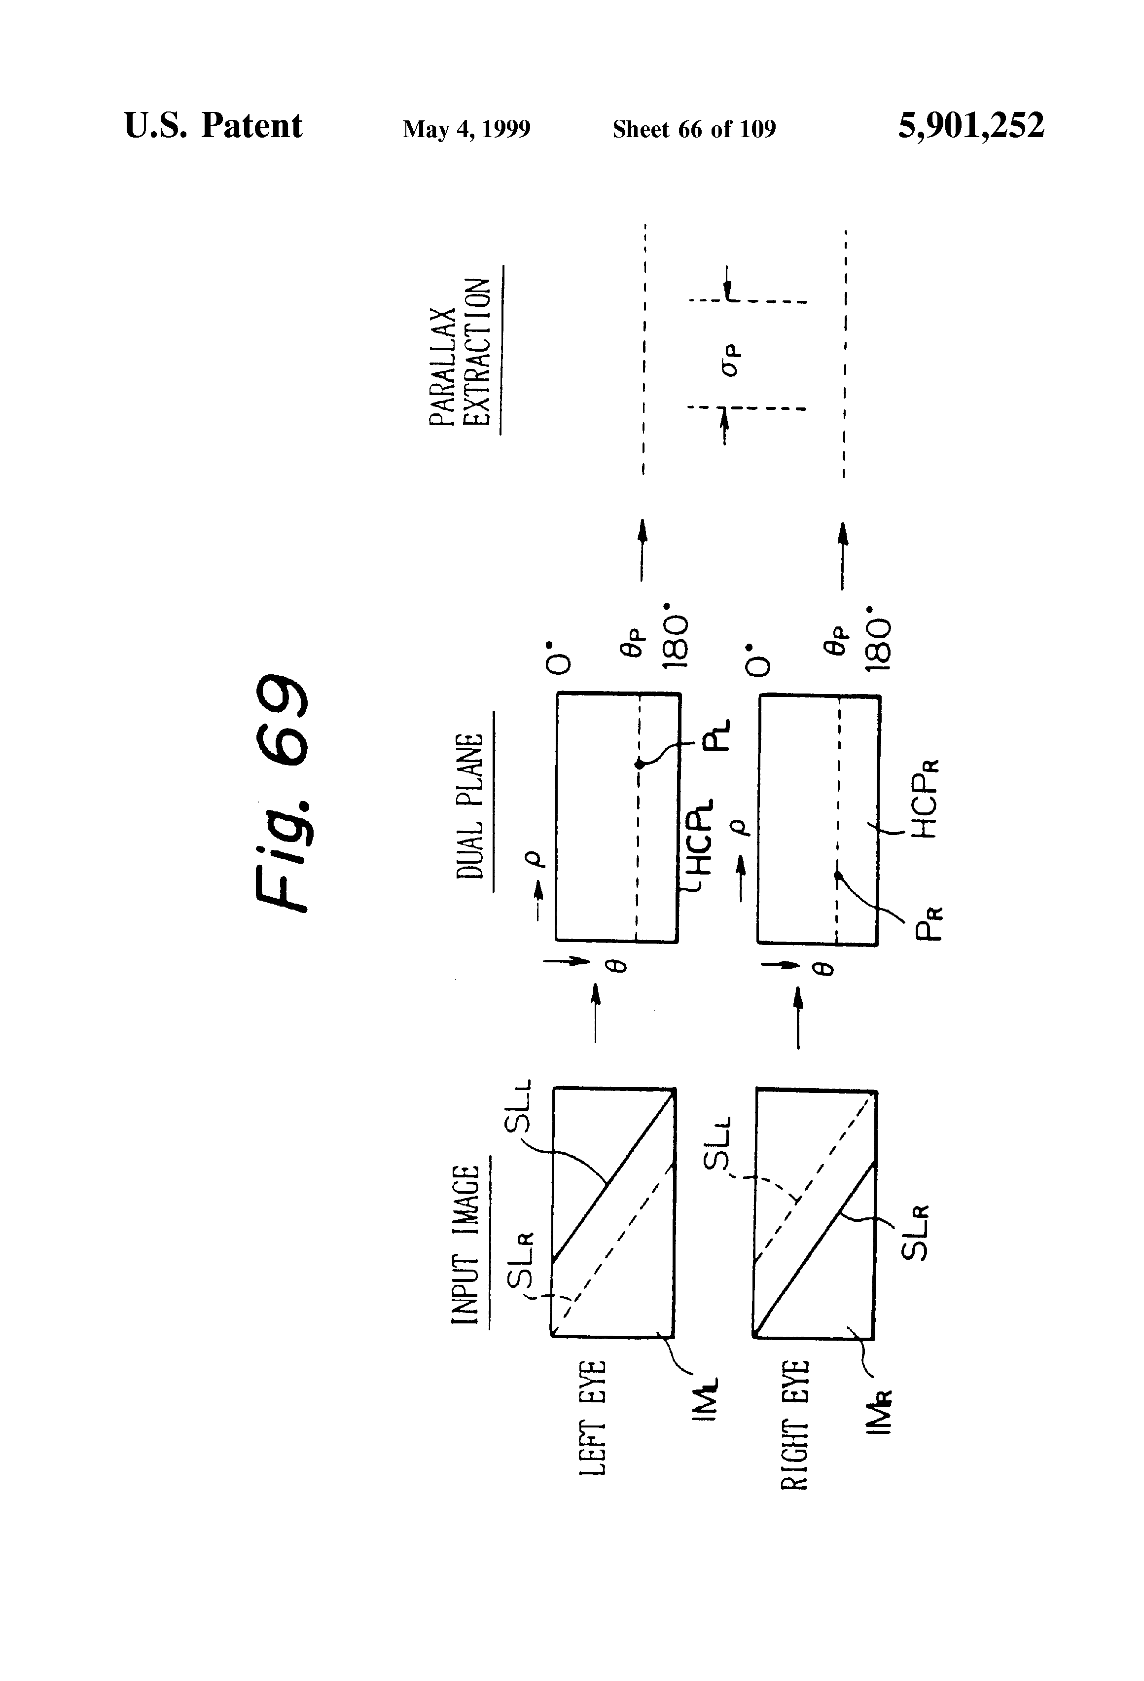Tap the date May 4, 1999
466,129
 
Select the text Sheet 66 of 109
693,129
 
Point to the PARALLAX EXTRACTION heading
461,352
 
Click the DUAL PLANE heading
470,806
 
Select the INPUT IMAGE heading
466,1244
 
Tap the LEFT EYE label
592,1418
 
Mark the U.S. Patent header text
214,126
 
